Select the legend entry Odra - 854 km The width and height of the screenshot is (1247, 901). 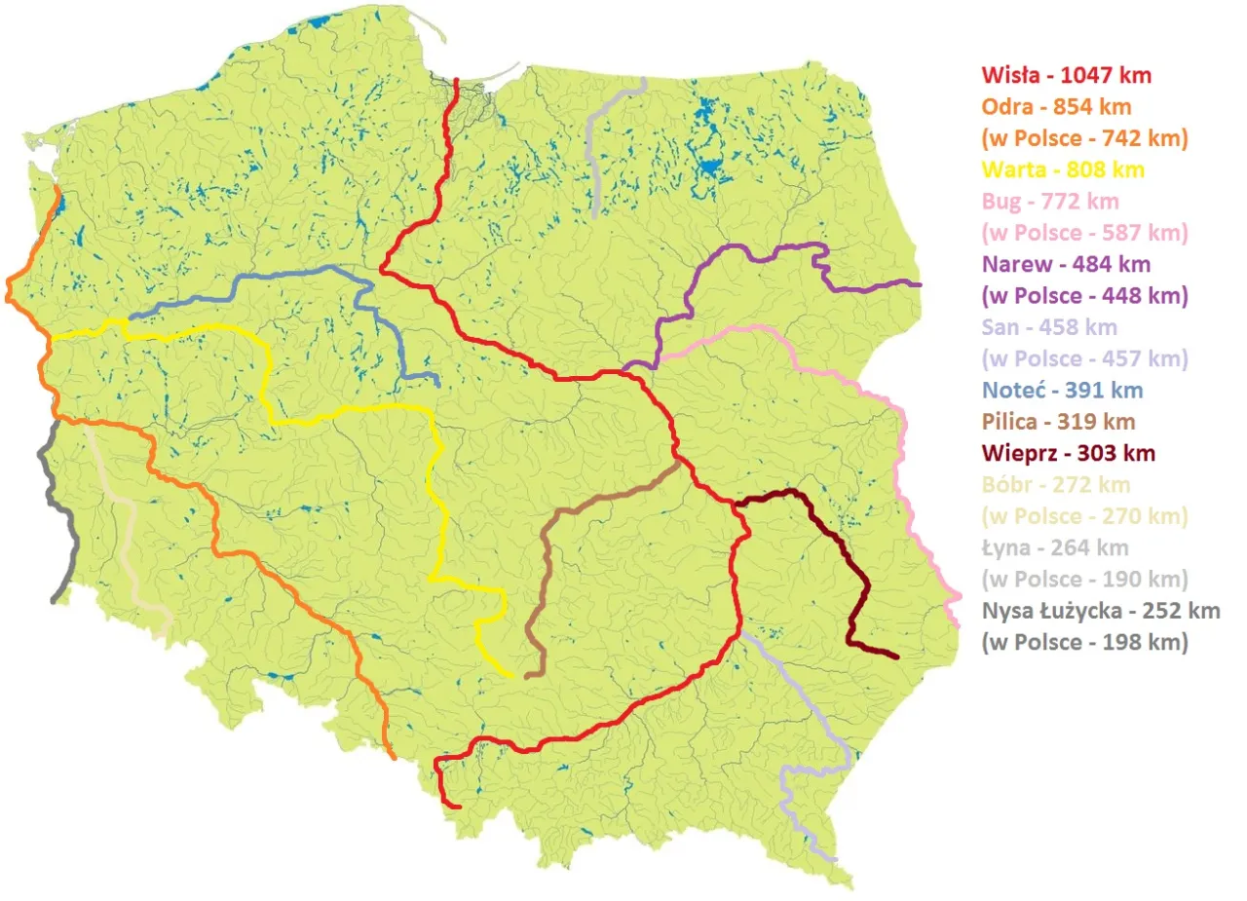point(1056,106)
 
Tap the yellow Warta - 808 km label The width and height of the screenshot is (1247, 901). point(1062,169)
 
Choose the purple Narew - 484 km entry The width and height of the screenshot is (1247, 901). point(1066,264)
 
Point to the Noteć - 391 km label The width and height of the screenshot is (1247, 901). point(1062,391)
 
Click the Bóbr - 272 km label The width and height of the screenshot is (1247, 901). point(1056,484)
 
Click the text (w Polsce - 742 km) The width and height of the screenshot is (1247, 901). point(1084,138)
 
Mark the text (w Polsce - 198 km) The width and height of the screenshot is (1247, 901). point(1084,642)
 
